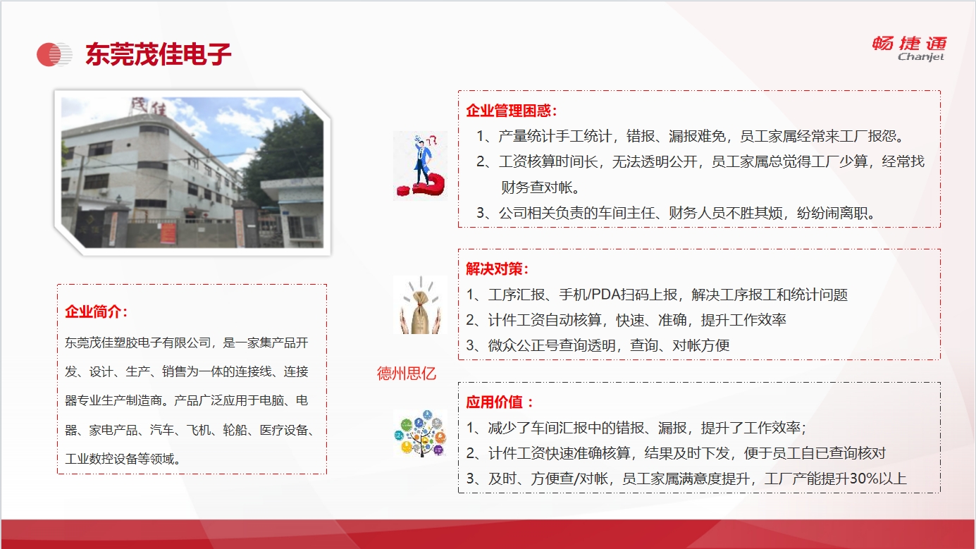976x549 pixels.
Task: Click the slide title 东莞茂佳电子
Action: pyautogui.click(x=158, y=54)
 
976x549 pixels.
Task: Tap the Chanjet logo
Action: pyautogui.click(x=909, y=49)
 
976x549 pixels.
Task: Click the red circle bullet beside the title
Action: pyautogui.click(x=49, y=54)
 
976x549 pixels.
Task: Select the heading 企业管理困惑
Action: pyautogui.click(x=508, y=111)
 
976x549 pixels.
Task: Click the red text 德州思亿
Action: pyautogui.click(x=406, y=374)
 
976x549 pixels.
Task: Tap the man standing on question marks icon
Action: pyautogui.click(x=421, y=166)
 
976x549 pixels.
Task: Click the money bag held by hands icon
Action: pyautogui.click(x=421, y=305)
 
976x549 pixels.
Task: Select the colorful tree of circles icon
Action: pyautogui.click(x=421, y=433)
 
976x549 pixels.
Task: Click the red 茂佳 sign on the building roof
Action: pyautogui.click(x=149, y=106)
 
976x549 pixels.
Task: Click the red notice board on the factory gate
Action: pyautogui.click(x=168, y=233)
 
